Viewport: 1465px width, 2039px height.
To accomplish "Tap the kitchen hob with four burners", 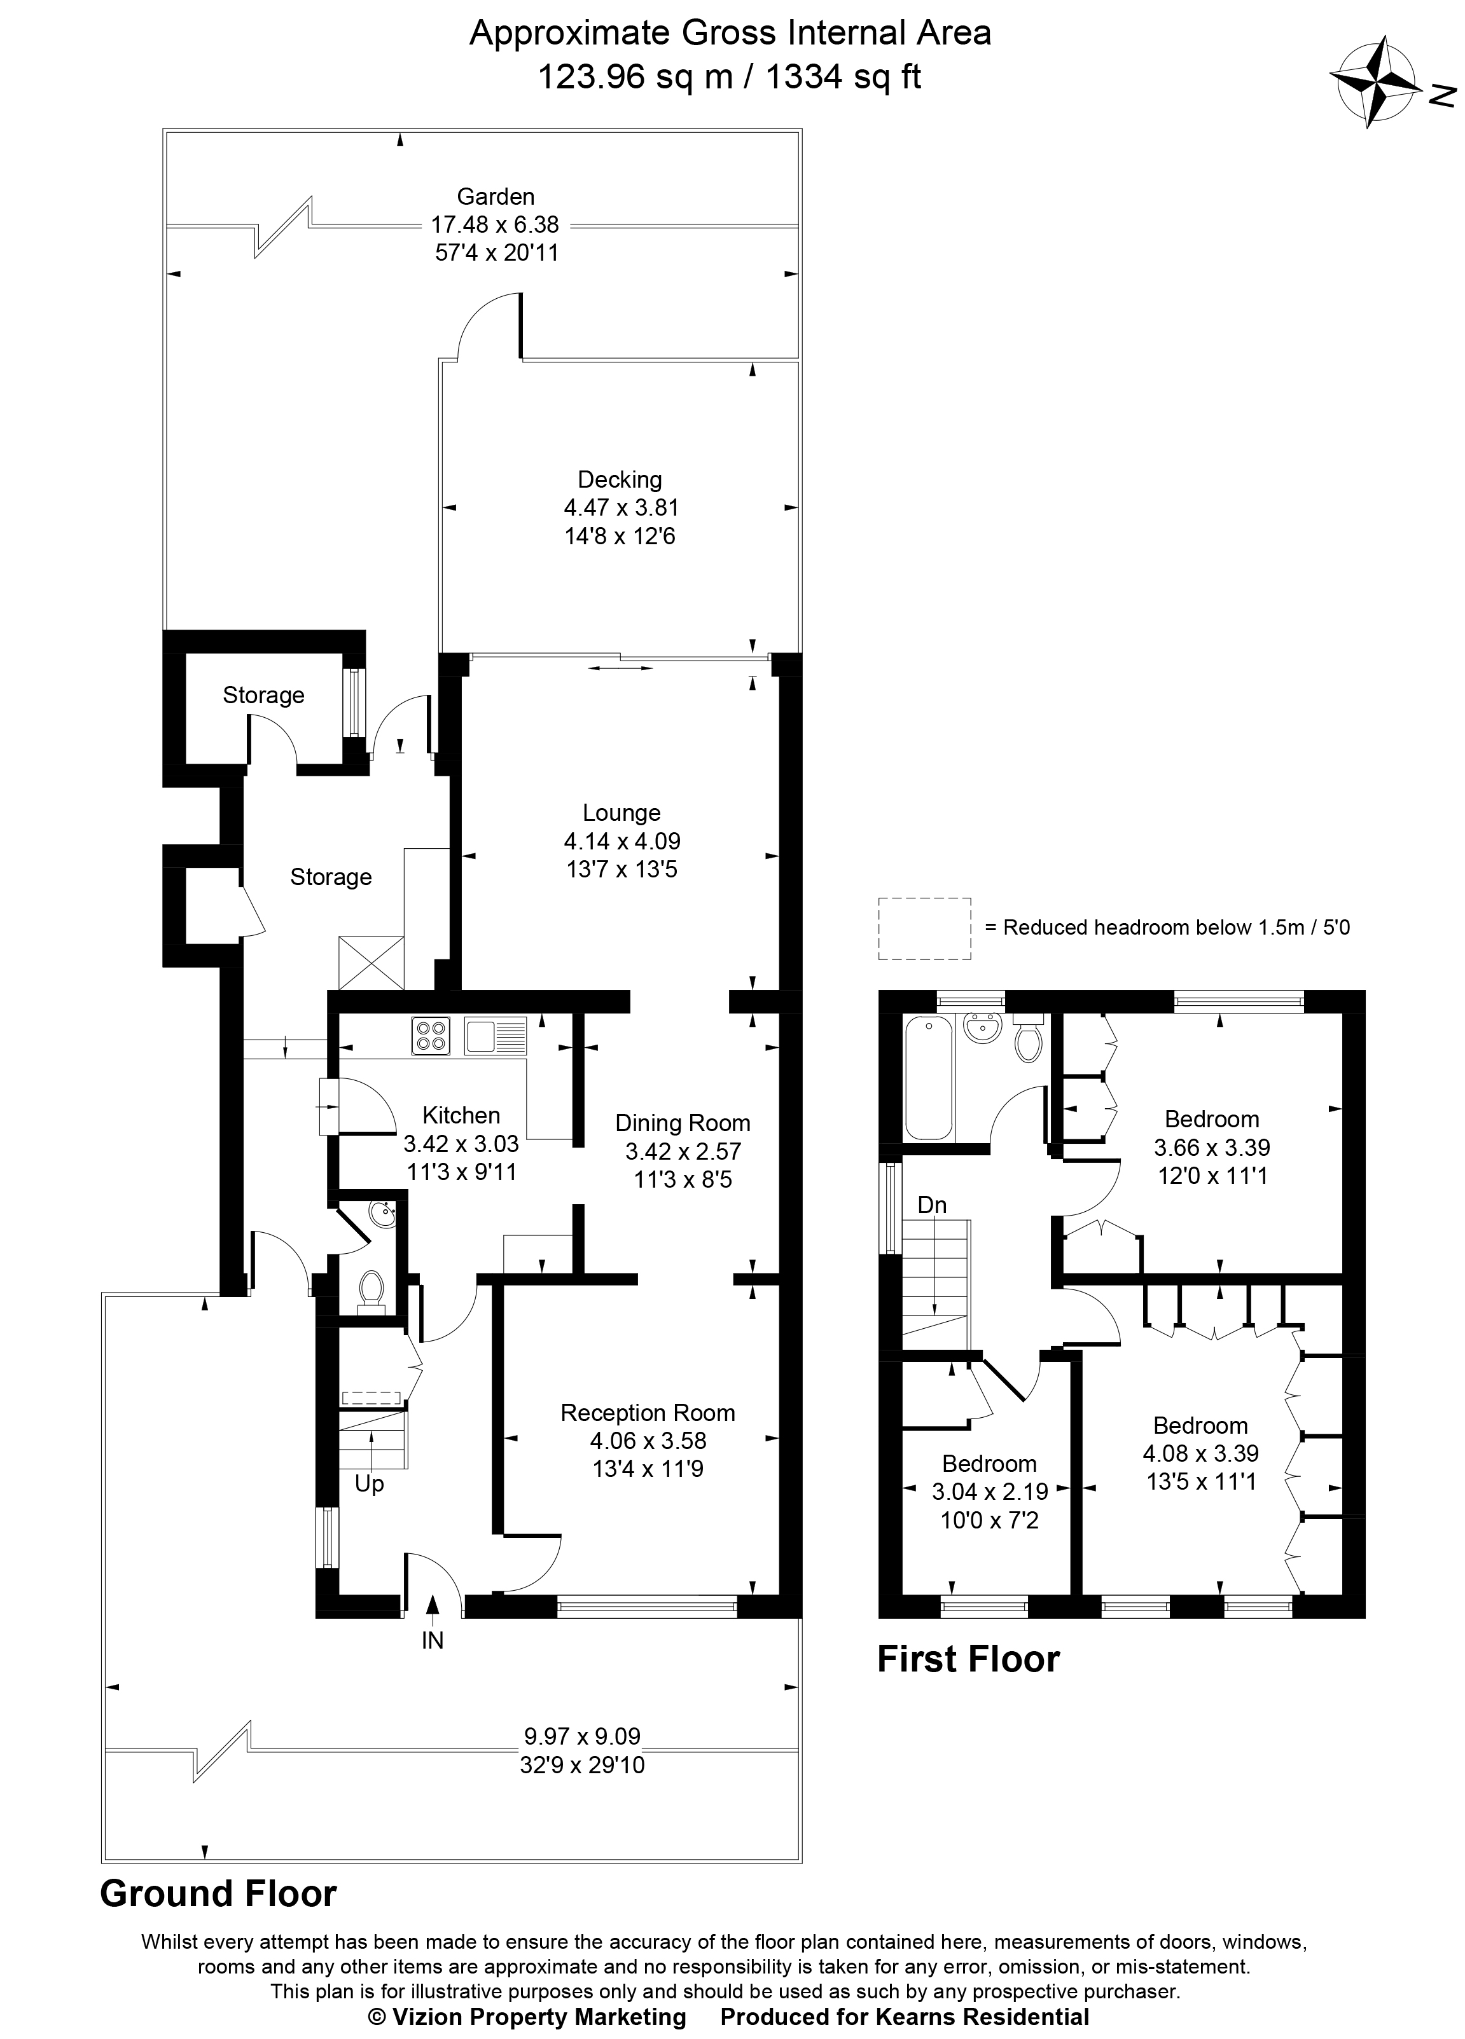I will [x=431, y=1035].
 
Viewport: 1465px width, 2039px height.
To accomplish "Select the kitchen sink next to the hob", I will [x=495, y=1035].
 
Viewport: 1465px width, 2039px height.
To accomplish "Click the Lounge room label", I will [x=621, y=813].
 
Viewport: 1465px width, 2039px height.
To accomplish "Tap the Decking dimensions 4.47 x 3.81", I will [x=620, y=508].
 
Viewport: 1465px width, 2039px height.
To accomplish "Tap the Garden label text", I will [x=496, y=196].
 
